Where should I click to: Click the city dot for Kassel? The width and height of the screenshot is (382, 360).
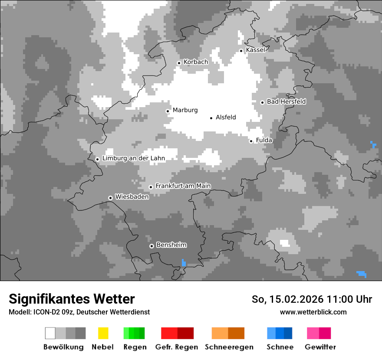(241, 51)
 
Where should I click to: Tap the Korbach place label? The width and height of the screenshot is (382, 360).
(196, 62)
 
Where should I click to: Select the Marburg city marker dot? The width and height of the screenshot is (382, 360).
(168, 111)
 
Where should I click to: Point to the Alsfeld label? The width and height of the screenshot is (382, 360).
(226, 117)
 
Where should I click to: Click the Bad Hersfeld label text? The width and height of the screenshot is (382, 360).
(286, 101)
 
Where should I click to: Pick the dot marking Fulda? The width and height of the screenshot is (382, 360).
(251, 141)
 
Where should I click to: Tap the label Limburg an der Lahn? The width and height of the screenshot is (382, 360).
(134, 158)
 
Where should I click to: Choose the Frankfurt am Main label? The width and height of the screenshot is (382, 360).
(183, 186)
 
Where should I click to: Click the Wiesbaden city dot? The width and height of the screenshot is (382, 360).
(110, 198)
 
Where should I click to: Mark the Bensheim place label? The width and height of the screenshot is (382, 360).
(171, 245)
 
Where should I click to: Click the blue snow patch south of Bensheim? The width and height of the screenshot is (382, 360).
(184, 263)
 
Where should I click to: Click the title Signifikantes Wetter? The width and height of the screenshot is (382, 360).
(72, 299)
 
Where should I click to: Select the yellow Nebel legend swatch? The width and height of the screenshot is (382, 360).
(103, 333)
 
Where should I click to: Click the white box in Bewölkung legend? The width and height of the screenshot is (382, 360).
(50, 333)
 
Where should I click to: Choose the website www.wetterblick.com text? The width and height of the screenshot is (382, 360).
(313, 312)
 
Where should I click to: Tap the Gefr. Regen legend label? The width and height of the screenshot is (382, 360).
(177, 347)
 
